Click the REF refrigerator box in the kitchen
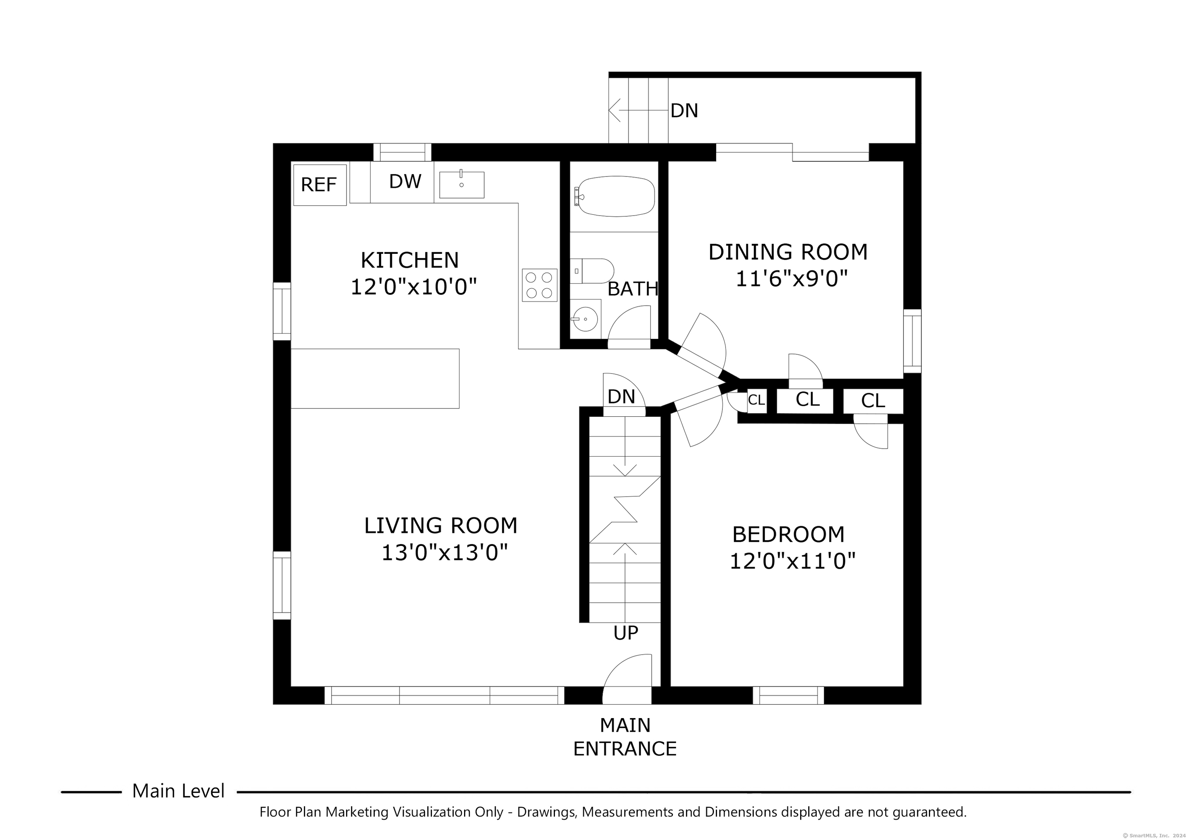click(320, 185)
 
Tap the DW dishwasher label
click(405, 181)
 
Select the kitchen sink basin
click(461, 185)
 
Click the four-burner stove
click(539, 285)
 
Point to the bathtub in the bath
click(615, 197)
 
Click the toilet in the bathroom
click(593, 271)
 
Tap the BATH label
click(633, 289)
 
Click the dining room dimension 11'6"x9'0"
click(792, 279)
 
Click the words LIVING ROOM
click(441, 525)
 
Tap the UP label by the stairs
click(626, 633)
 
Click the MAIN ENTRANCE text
click(625, 737)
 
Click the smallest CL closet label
click(756, 400)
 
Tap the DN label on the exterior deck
click(684, 110)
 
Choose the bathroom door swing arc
click(629, 326)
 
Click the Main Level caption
click(179, 791)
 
